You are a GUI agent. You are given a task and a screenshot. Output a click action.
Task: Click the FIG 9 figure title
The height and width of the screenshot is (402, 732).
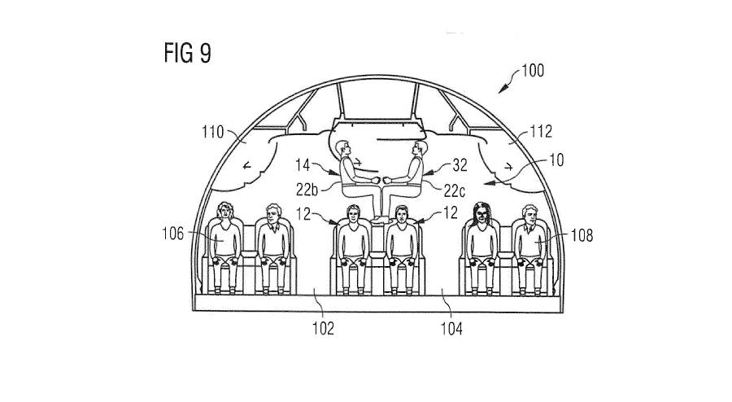[187, 53]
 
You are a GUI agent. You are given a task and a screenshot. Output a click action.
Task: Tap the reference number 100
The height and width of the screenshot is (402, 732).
[533, 71]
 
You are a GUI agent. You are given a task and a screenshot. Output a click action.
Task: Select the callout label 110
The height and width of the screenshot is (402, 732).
[213, 132]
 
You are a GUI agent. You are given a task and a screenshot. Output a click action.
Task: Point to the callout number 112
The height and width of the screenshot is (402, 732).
[541, 131]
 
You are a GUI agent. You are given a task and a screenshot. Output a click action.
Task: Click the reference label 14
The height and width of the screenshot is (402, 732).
[303, 165]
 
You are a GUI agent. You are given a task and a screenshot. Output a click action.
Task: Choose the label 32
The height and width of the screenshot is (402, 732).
[460, 165]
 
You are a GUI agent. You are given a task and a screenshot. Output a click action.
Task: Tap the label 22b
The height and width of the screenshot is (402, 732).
[307, 190]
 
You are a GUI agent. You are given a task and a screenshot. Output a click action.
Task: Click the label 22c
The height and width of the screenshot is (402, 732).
[454, 190]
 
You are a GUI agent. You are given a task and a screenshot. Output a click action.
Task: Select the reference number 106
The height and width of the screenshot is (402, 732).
[172, 234]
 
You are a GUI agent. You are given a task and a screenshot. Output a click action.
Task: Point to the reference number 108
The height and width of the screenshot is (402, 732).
[582, 235]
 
